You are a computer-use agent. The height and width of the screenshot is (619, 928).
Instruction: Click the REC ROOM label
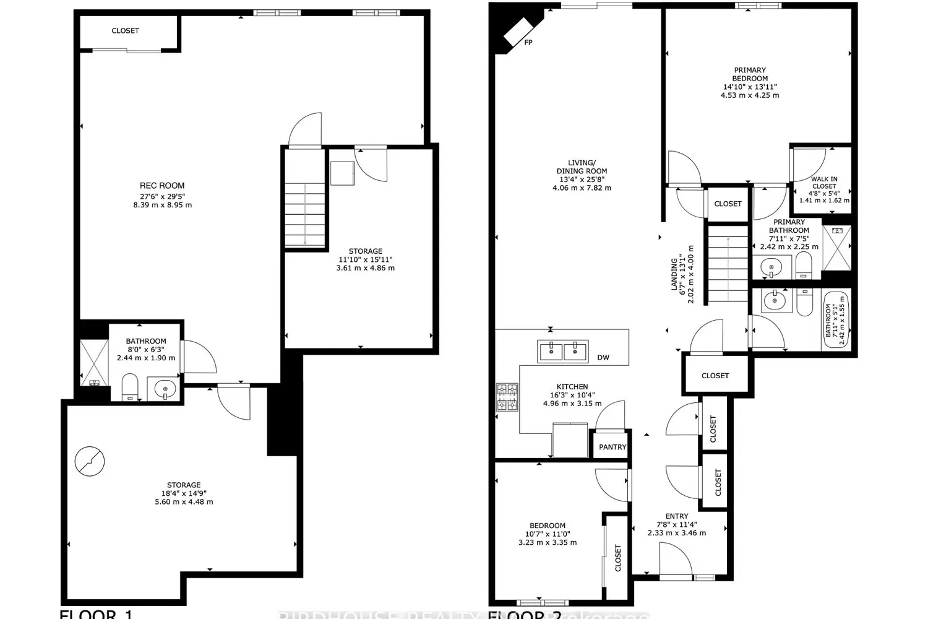point(162,185)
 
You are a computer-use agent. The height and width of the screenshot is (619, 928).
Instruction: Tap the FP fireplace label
point(528,43)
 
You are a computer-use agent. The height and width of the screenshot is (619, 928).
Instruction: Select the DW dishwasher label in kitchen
point(603,357)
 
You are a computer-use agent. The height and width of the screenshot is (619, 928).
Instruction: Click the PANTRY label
point(612,447)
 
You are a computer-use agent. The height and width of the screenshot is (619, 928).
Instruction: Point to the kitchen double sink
point(564,351)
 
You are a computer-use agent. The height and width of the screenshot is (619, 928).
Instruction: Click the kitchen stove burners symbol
point(507,397)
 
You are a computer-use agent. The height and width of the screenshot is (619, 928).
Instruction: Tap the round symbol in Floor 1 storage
point(90,461)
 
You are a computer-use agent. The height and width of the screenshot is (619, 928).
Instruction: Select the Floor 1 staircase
point(305,214)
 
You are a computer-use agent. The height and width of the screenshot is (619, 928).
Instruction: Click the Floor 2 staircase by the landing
point(728,264)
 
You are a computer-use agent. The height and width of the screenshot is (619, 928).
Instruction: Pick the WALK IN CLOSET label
point(824,183)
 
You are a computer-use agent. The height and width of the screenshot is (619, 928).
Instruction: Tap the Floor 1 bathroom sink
point(165,390)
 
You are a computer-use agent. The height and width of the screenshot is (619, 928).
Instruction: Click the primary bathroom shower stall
point(836,248)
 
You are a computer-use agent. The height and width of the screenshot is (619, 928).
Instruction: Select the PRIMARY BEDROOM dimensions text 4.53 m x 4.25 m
point(750,95)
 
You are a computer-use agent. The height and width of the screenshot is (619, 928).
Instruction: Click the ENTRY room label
point(677,516)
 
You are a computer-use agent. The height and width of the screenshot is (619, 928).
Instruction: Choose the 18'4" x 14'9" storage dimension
point(184,493)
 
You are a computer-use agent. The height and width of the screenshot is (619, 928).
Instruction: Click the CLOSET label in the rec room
point(126,30)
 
